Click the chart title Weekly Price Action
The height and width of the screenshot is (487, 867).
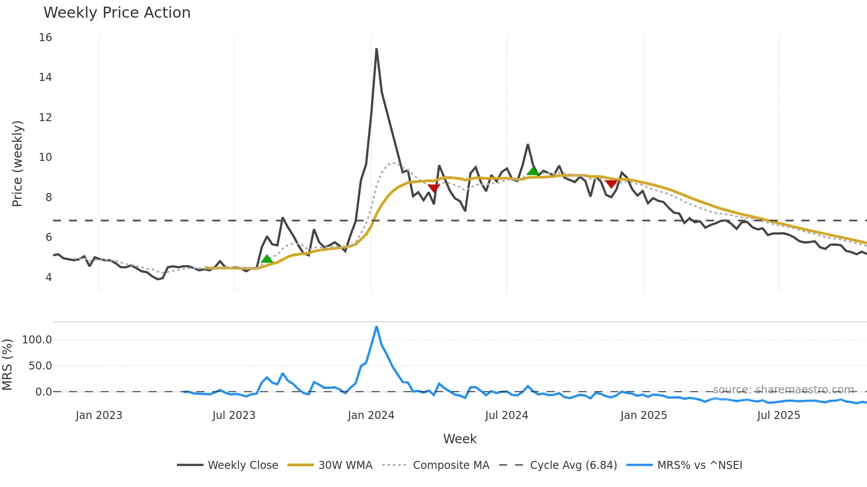click(x=117, y=13)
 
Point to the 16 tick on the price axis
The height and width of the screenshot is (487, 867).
click(x=45, y=38)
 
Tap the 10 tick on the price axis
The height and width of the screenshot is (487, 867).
click(x=45, y=157)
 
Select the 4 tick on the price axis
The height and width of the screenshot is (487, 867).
click(x=48, y=278)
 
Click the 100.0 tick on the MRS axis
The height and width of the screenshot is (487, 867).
click(x=37, y=340)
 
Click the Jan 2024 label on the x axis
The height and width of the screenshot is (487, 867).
click(x=371, y=415)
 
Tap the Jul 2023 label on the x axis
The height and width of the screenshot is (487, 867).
click(x=234, y=415)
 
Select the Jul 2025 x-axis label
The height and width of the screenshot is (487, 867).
click(x=779, y=415)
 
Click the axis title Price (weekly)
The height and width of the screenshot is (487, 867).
click(x=17, y=164)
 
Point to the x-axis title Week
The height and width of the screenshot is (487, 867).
click(x=460, y=439)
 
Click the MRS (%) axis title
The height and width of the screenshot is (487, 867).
click(x=7, y=365)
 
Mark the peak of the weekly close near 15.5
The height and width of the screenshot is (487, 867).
click(x=376, y=49)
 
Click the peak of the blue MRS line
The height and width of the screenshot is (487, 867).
click(x=376, y=327)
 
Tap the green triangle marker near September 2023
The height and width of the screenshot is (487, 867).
click(x=267, y=259)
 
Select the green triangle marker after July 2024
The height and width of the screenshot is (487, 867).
click(x=533, y=171)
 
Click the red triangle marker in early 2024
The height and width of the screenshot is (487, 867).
click(x=434, y=189)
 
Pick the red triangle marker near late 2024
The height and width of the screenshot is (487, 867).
click(x=611, y=184)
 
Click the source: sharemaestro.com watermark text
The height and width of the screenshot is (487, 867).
click(x=783, y=390)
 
